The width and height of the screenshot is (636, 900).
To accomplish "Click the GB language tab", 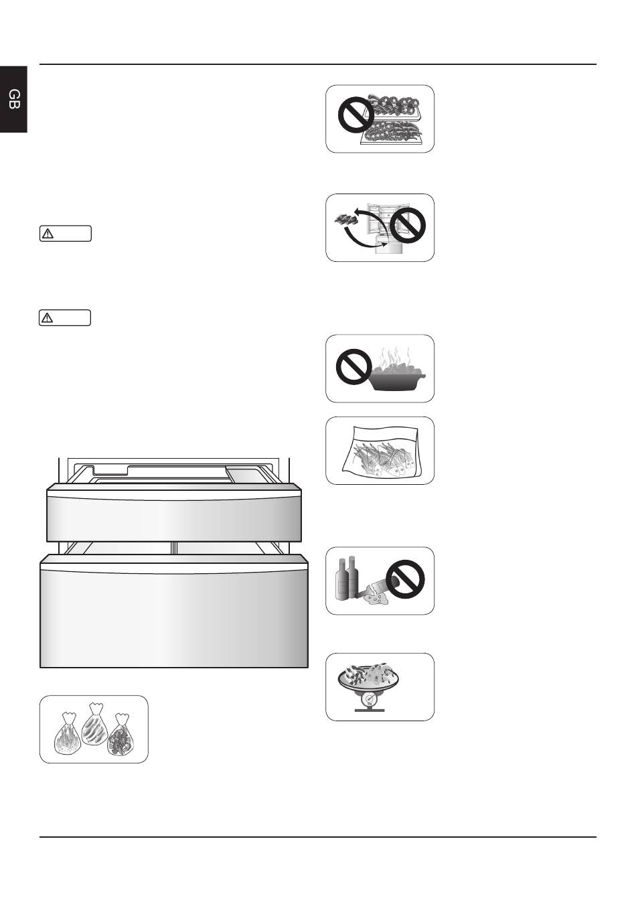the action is (13, 99).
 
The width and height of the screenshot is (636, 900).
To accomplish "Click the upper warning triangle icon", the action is (48, 234).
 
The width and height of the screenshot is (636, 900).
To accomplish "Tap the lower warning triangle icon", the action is (48, 318).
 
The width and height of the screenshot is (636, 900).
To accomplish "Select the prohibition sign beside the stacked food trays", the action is (356, 116).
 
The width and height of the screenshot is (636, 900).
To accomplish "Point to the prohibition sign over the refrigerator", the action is (408, 225).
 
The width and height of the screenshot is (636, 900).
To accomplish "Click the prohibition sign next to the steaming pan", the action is (354, 367).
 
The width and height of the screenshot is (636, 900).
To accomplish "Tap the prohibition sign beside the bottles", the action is (405, 579).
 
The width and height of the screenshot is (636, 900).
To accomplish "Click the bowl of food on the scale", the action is (369, 678).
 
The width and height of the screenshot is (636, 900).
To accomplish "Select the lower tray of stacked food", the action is (392, 133).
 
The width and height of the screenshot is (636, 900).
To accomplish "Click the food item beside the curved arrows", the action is (346, 219).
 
